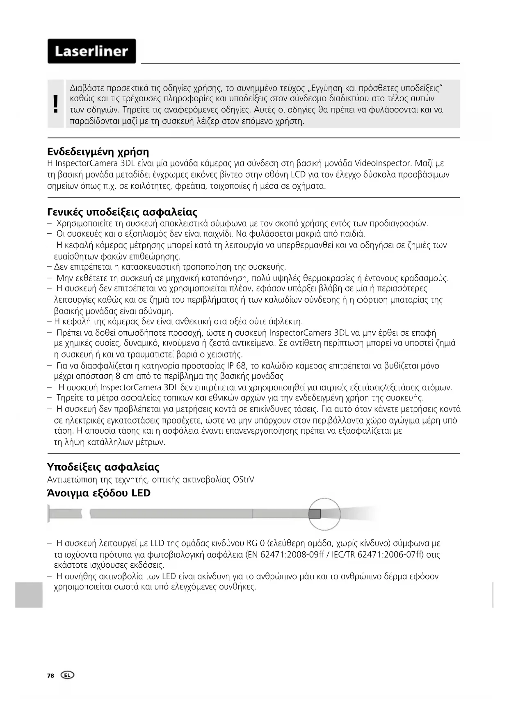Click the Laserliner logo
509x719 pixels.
tap(91, 51)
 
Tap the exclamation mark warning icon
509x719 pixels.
tap(56, 104)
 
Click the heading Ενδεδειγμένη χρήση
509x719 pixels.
tap(98, 152)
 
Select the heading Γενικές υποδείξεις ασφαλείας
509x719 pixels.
tap(122, 212)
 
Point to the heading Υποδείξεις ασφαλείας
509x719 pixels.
tap(103, 467)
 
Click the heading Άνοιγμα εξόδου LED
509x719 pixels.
tap(99, 493)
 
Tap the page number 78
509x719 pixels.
tap(50, 676)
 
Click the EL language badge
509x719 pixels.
tap(67, 675)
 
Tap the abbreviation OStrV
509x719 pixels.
tap(243, 479)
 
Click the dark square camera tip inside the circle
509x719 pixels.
tap(315, 514)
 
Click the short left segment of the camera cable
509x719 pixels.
tap(66, 513)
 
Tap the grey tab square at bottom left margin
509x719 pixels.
tap(29, 594)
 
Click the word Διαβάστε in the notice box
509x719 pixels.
tap(87, 88)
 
